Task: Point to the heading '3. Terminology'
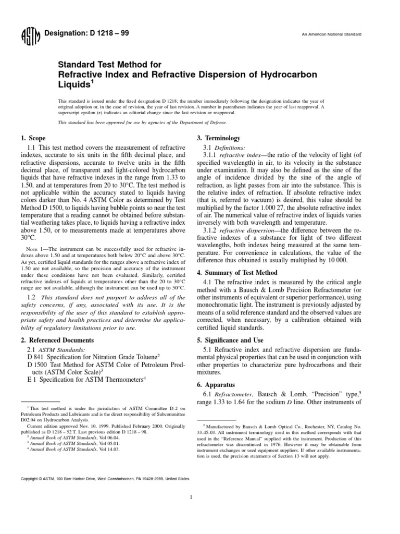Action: [218, 138]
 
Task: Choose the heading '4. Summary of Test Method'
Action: [235, 273]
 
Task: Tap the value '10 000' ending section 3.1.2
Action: [334, 260]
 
